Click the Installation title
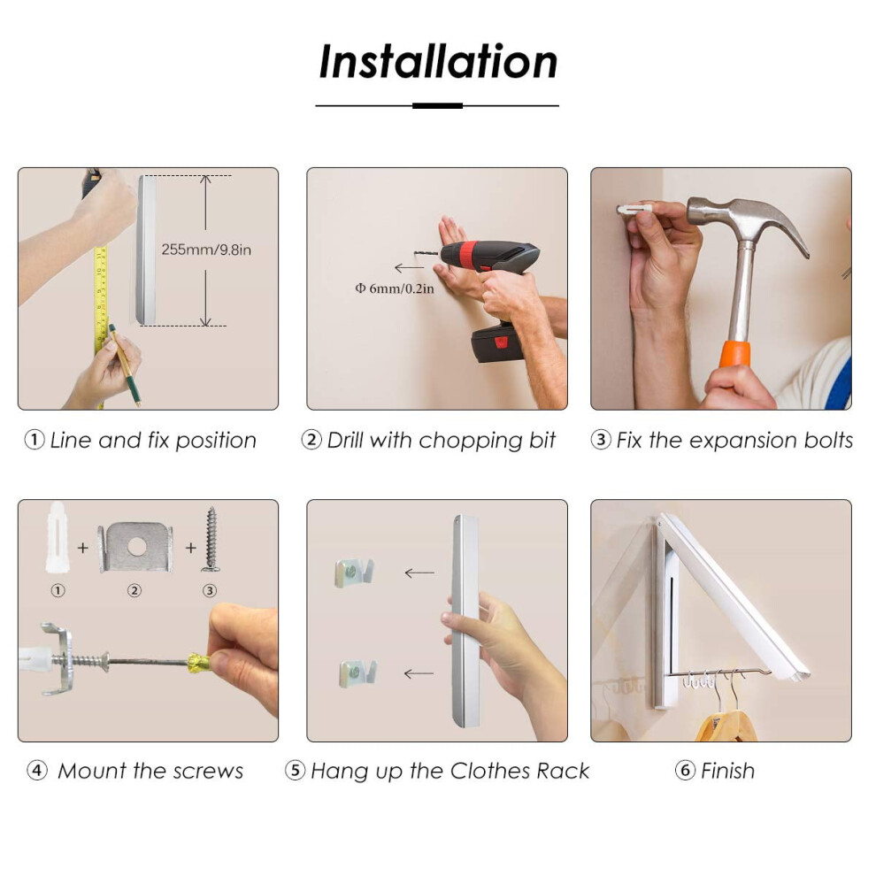(x=438, y=61)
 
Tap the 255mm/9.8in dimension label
(x=206, y=250)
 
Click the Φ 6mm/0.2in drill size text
(x=395, y=288)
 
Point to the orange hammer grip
(x=734, y=354)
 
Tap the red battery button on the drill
(x=501, y=342)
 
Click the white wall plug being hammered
(x=634, y=210)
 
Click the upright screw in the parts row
(x=211, y=539)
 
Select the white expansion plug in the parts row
(x=58, y=537)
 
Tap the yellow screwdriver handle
(x=198, y=663)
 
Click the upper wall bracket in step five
(x=354, y=572)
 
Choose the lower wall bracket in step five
(x=357, y=673)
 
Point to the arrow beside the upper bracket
(x=419, y=573)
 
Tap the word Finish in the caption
(x=727, y=771)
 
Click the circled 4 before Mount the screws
(x=37, y=771)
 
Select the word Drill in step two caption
(x=345, y=441)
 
